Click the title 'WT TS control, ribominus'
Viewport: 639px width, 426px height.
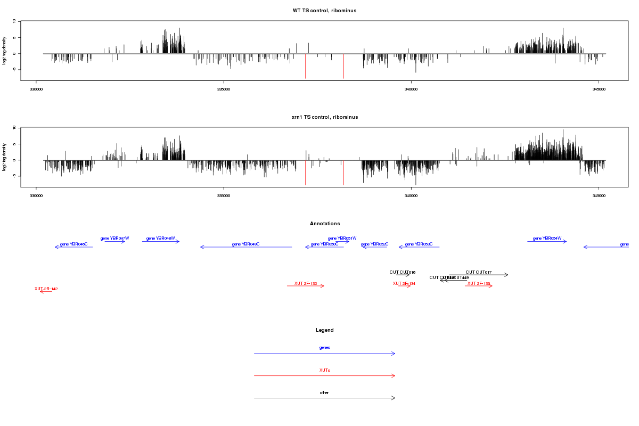coord(324,11)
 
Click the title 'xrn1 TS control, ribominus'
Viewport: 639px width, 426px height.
coord(324,117)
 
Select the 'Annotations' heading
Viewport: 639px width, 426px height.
coord(324,224)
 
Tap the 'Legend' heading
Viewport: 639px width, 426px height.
coord(324,330)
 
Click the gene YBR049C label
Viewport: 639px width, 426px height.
coord(245,244)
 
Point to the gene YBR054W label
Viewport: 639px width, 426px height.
coord(547,239)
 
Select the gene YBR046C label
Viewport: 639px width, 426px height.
coord(73,244)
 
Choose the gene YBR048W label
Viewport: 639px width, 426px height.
coord(160,239)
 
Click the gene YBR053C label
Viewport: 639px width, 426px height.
coord(419,244)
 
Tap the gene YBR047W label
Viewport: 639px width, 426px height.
coord(114,239)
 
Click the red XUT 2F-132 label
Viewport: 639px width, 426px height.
coord(306,284)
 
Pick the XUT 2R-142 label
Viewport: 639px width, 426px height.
coord(46,289)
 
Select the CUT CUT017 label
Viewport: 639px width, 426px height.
coord(478,272)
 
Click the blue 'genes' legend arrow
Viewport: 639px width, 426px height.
coord(324,354)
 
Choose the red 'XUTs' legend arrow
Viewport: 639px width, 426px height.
coord(324,376)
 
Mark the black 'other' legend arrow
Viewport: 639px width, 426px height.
coord(324,398)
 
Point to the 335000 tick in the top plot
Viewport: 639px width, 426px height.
coord(224,89)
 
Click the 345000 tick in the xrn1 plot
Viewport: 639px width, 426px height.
coord(599,195)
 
